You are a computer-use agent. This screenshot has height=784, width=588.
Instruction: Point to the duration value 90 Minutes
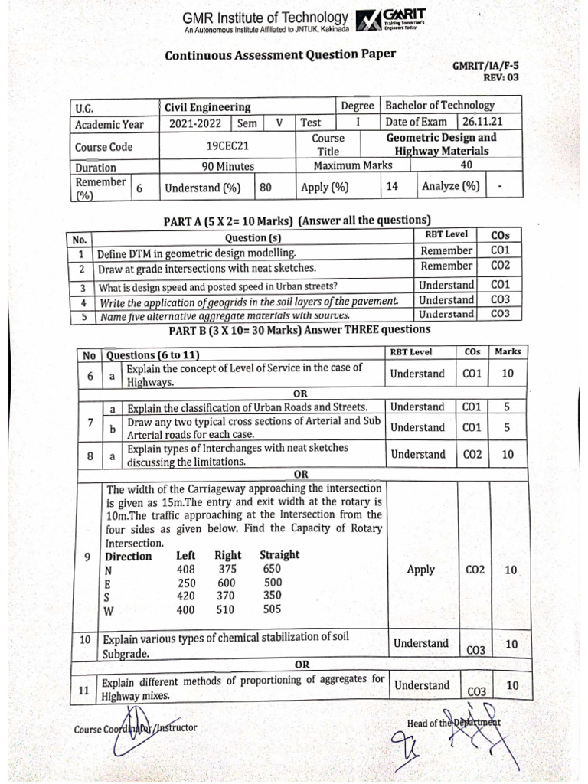coord(227,167)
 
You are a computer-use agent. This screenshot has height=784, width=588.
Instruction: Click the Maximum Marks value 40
coord(466,165)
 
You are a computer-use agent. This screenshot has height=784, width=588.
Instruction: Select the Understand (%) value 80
coord(266,187)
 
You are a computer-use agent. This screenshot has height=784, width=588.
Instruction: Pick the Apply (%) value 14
coord(392,187)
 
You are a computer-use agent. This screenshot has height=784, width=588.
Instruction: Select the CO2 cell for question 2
coord(501,266)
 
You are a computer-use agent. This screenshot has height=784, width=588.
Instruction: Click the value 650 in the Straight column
coord(271,569)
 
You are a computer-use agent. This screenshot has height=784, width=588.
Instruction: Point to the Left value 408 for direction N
coord(185,569)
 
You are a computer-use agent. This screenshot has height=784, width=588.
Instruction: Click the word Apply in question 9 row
coord(420,570)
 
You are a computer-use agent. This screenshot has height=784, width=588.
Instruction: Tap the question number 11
coord(85,690)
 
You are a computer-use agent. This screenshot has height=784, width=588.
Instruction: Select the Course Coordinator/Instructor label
coord(135,727)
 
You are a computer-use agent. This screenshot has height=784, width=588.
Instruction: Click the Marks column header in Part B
coord(508,352)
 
